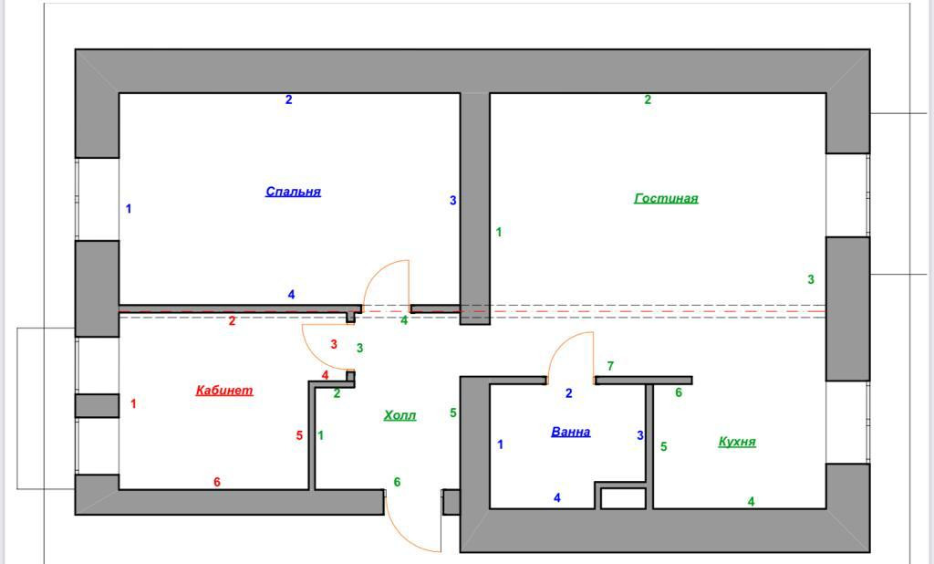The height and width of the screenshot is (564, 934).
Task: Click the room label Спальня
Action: click(293, 192)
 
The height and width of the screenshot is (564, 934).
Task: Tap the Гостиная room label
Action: click(666, 198)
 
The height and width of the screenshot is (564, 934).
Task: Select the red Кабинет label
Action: click(224, 391)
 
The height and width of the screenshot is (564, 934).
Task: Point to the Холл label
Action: click(400, 415)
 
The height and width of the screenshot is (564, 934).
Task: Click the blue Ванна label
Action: click(570, 432)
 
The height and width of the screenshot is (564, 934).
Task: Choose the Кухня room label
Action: click(736, 442)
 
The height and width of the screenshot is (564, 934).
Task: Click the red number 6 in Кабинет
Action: click(217, 482)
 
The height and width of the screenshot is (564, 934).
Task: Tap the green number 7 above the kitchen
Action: click(610, 366)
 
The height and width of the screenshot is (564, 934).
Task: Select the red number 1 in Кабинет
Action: click(133, 403)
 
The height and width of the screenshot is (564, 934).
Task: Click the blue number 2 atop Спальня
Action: click(289, 99)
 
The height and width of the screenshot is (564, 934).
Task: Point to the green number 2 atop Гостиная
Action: click(648, 99)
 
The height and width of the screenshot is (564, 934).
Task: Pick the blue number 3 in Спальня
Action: click(452, 201)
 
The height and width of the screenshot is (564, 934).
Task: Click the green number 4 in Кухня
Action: click(751, 501)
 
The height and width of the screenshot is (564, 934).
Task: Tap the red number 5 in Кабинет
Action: click(299, 436)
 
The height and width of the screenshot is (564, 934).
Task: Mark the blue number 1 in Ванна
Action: click(500, 444)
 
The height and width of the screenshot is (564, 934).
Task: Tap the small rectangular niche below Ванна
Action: click(623, 498)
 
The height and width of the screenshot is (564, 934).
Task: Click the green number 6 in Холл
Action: click(397, 482)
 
